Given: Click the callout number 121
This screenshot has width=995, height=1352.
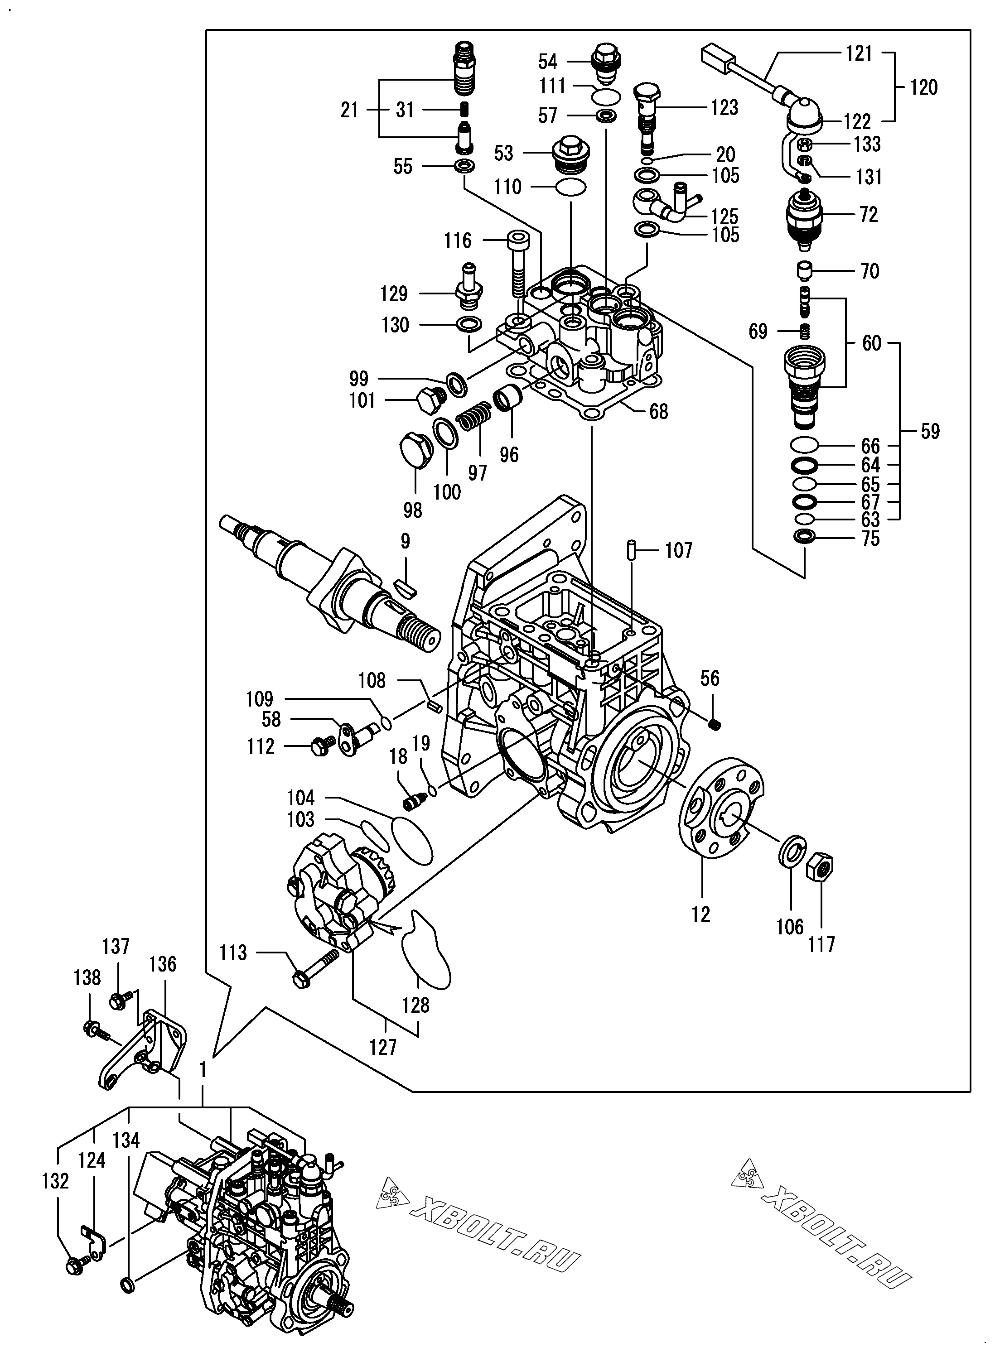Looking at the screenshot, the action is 859,53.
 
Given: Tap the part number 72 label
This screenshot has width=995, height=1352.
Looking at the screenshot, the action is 868,214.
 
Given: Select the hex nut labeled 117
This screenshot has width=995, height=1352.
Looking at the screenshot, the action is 820,869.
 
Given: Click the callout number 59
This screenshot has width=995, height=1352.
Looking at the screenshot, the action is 930,432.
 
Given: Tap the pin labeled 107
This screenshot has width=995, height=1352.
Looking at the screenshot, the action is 631,549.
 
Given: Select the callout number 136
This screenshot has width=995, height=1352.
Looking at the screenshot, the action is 163,964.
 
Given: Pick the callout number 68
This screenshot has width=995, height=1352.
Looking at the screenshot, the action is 658,411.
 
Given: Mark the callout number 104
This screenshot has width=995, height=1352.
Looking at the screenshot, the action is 300,798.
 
